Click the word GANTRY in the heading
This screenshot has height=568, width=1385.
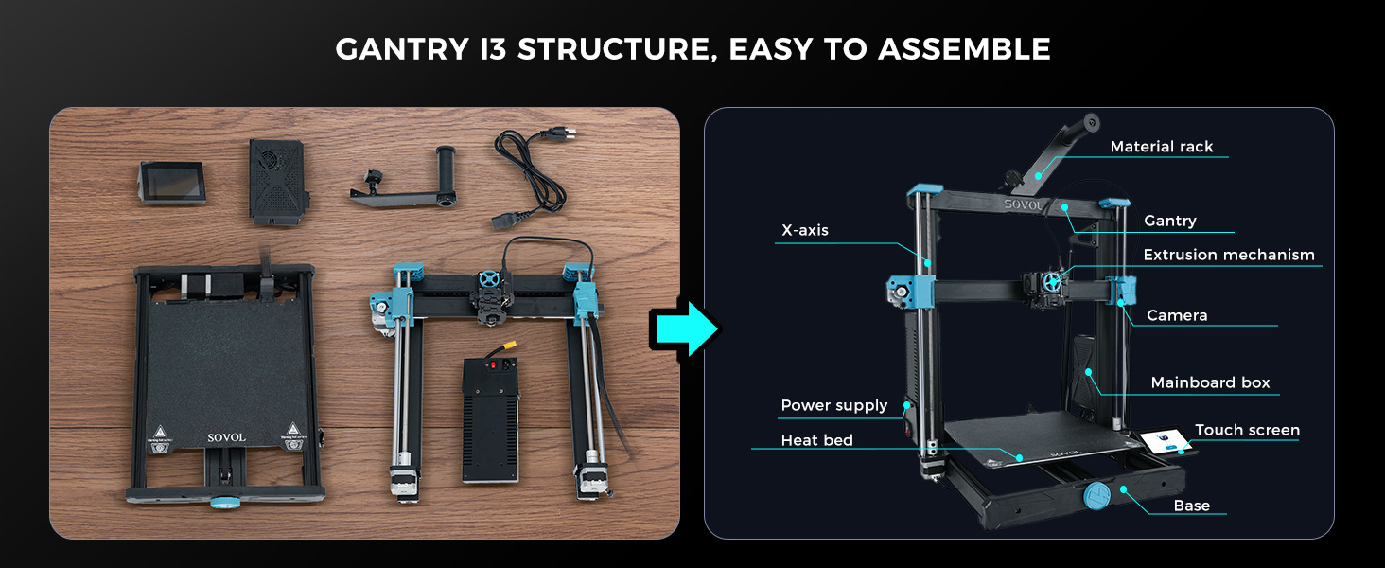point(402,49)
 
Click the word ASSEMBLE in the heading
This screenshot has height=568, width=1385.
point(964,49)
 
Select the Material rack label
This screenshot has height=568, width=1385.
point(1161,147)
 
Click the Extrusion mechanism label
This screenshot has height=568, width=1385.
point(1229,255)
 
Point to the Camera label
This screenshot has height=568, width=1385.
point(1177,315)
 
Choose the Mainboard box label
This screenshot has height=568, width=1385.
point(1210,383)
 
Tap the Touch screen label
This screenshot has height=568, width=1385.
point(1247,430)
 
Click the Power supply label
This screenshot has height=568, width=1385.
point(834,406)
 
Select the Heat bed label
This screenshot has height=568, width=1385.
point(816,440)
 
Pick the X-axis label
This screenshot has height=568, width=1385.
point(804,230)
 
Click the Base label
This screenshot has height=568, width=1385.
point(1191,506)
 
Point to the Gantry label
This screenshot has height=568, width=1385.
point(1170,221)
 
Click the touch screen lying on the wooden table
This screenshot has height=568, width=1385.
point(171,182)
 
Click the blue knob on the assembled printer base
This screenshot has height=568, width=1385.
point(1096,496)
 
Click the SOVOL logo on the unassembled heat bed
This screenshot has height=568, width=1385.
point(226,437)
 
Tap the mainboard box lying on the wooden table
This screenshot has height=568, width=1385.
point(277,182)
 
